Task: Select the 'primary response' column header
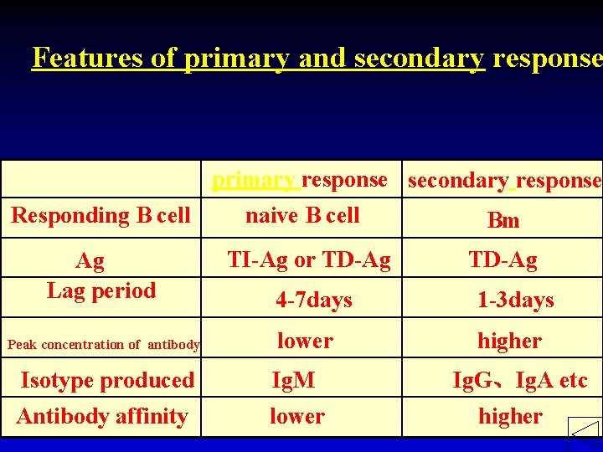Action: click(299, 180)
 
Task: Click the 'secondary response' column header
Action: click(504, 181)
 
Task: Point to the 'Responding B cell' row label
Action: click(100, 215)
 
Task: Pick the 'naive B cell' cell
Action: click(302, 215)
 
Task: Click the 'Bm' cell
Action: click(503, 220)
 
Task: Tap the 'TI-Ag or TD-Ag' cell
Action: click(309, 260)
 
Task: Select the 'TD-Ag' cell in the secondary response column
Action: click(502, 260)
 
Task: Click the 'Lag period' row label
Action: click(101, 290)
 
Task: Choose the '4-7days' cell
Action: click(314, 300)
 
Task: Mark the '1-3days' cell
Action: click(515, 300)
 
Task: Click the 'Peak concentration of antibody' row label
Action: click(103, 344)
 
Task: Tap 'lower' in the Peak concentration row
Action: click(305, 341)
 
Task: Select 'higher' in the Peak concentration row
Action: click(509, 341)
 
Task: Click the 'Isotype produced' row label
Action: click(107, 380)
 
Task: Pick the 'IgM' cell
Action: click(294, 380)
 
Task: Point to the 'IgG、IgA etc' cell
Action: click(519, 381)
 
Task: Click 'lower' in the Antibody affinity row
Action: click(296, 416)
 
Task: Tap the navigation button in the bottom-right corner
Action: click(585, 434)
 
